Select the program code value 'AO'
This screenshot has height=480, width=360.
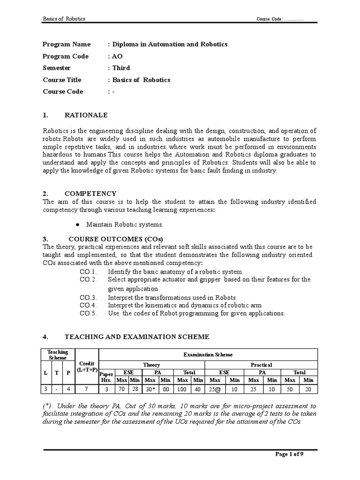coord(117,56)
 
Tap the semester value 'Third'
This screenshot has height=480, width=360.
coord(121,67)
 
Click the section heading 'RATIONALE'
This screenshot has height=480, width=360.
coord(86,115)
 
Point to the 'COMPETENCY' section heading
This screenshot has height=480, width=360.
coord(90,193)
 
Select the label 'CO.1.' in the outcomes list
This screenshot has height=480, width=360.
coord(88,271)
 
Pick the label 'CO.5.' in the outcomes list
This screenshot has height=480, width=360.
coord(88,313)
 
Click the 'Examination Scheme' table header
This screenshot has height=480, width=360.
coord(207,355)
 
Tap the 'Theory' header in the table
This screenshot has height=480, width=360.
coord(151,365)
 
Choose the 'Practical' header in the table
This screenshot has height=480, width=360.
coord(261,365)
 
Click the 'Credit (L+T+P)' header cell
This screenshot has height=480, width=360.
coord(87,367)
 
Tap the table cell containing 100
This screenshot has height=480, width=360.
coord(181,390)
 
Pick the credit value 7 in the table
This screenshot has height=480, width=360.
coord(87,390)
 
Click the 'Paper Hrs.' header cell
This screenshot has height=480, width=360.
coord(106,376)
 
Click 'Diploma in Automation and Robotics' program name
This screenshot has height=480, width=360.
coord(169,44)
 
